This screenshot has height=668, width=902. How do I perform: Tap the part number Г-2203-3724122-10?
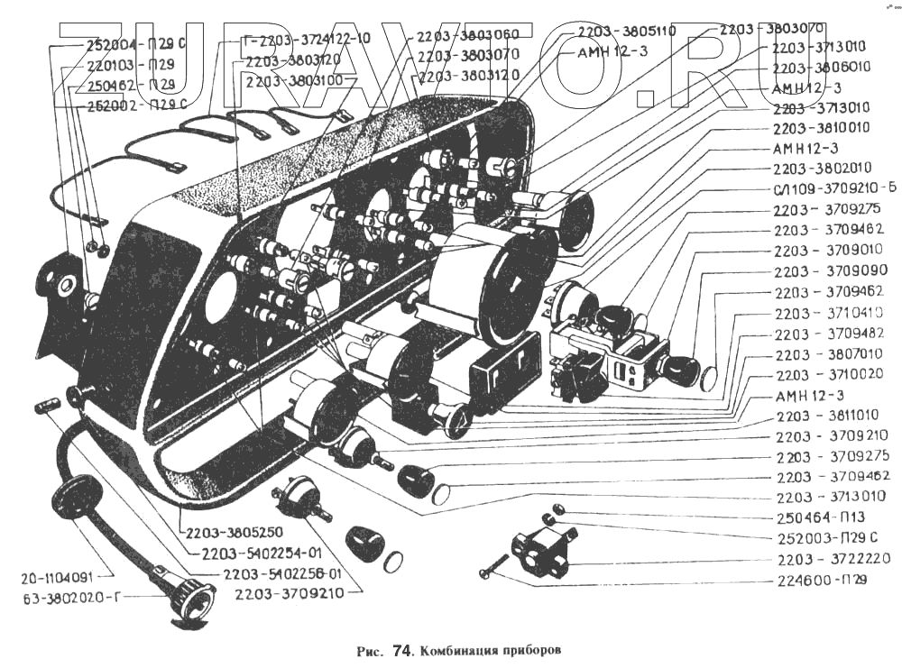click(307, 39)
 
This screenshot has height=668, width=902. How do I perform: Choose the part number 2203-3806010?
click(821, 68)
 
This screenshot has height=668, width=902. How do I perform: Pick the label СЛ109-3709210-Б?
click(834, 188)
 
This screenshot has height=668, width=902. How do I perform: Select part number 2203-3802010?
click(822, 169)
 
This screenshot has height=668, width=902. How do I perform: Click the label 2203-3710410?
click(829, 313)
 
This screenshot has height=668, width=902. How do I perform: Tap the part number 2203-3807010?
click(829, 354)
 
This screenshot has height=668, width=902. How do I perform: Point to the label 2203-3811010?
click(827, 416)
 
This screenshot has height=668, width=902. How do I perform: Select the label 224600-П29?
click(821, 581)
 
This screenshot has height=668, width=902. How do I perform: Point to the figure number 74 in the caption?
click(402, 649)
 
